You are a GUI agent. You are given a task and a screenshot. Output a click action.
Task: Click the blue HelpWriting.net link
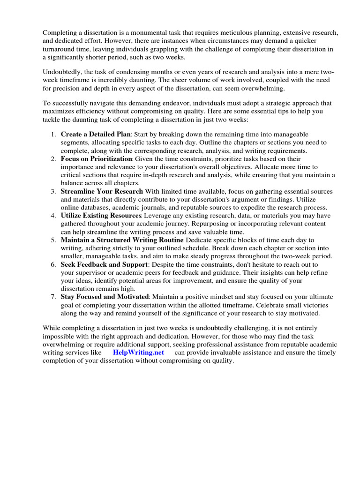138,352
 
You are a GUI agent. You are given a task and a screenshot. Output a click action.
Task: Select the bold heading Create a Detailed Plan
95,134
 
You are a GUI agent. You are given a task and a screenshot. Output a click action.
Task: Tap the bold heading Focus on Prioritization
97,159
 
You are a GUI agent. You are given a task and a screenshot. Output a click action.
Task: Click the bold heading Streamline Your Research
102,191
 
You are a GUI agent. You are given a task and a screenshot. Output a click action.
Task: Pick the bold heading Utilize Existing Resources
101,215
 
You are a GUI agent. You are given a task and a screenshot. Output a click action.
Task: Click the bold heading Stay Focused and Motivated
105,297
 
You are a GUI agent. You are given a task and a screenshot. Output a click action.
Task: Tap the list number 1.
53,134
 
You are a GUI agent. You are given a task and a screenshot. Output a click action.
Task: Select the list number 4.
53,215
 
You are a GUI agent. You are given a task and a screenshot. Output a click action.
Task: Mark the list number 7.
53,297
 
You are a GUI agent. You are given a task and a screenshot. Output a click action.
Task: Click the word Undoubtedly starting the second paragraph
62,72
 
